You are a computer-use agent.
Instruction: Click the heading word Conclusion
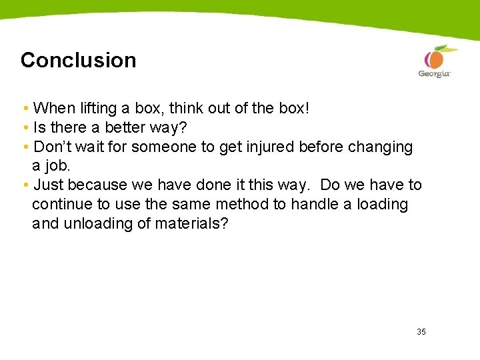pyautogui.click(x=78, y=60)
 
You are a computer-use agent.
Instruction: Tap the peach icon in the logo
pyautogui.click(x=436, y=58)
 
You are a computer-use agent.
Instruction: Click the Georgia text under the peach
pyautogui.click(x=434, y=73)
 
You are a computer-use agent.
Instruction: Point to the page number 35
pyautogui.click(x=421, y=331)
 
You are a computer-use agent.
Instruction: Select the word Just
pyautogui.click(x=48, y=185)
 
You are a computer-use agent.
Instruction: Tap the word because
pyautogui.click(x=95, y=185)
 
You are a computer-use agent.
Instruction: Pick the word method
pyautogui.click(x=241, y=204)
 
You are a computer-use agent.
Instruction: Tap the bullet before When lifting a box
pyautogui.click(x=25, y=109)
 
